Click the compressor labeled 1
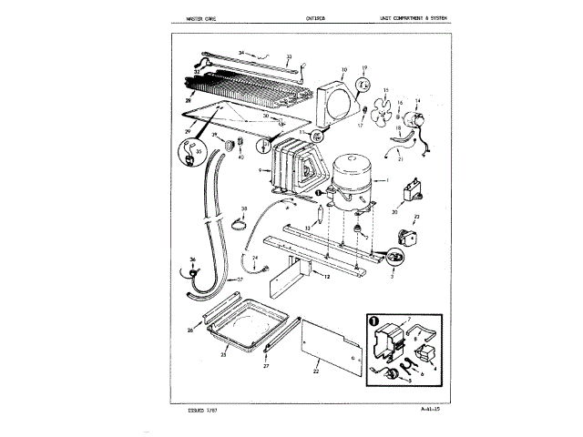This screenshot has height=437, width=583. [x=353, y=178]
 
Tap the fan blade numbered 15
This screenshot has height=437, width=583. [x=389, y=109]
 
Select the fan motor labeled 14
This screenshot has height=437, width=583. [x=422, y=118]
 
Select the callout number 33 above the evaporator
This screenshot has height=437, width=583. [x=290, y=56]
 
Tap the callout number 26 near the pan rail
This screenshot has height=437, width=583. [x=190, y=330]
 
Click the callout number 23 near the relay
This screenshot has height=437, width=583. [x=415, y=216]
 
